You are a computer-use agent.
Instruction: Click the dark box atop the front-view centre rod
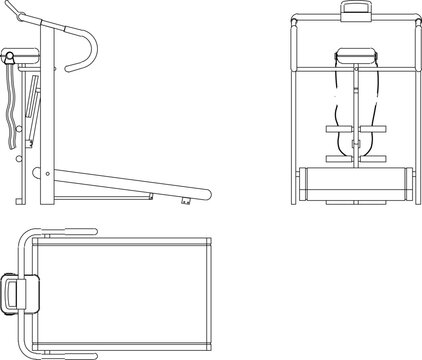[354, 57]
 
